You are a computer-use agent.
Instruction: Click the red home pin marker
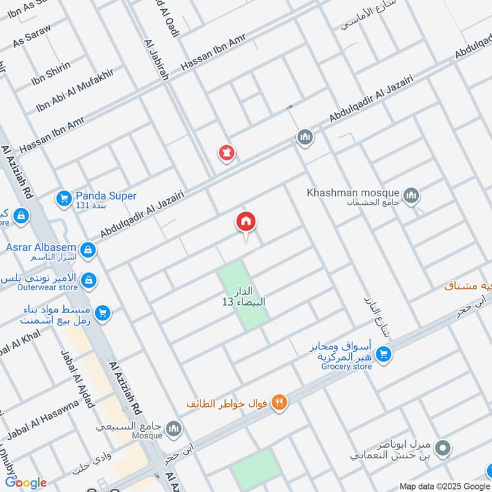coord(246,222)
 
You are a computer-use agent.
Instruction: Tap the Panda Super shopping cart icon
coord(63,198)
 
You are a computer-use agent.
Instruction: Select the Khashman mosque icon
coord(412,196)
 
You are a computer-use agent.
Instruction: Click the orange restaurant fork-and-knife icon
coord(279,403)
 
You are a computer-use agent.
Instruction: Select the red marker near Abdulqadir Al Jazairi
coord(226,153)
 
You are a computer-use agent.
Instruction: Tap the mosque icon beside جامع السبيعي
coord(175,427)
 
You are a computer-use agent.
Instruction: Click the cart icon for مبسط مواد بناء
coord(103,312)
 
